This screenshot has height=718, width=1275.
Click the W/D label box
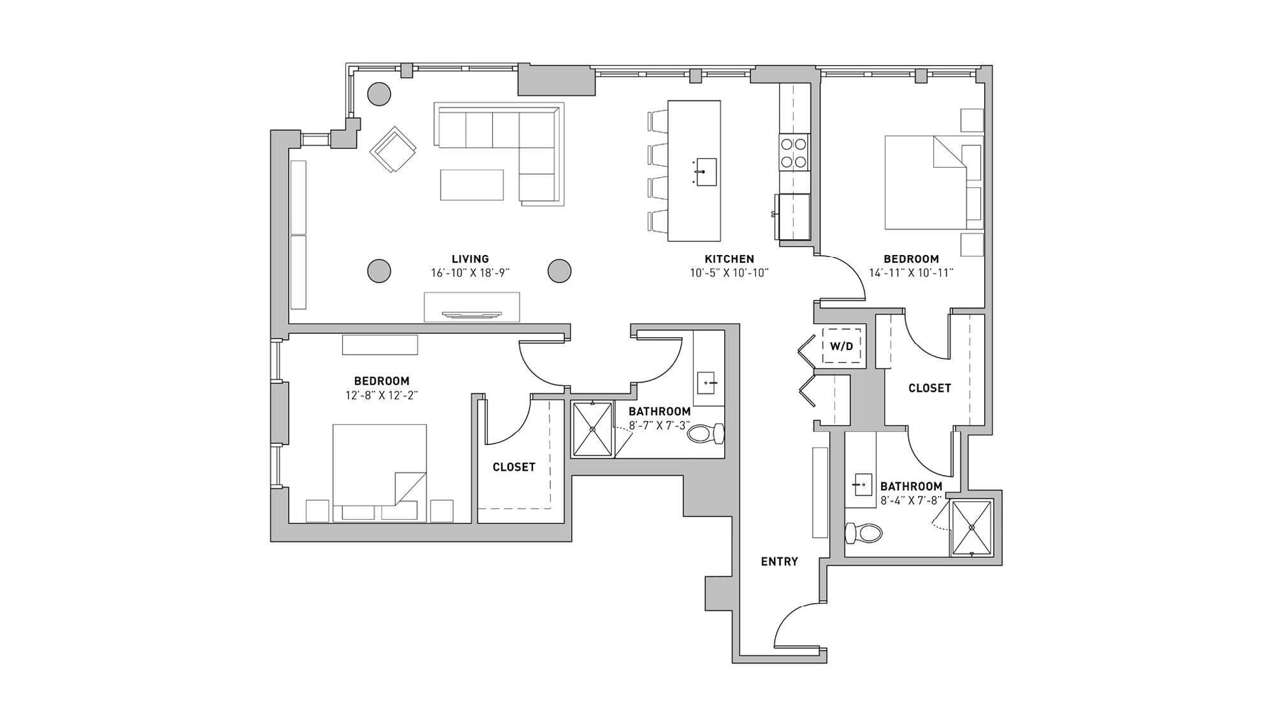tap(841, 346)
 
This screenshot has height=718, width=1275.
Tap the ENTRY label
tap(779, 562)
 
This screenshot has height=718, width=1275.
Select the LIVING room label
tap(470, 259)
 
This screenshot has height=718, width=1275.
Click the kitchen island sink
tap(706, 172)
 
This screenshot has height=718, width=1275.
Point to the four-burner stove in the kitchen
tap(794, 153)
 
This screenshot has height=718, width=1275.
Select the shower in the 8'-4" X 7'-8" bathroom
tap(971, 527)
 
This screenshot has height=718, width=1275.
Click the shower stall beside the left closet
tap(592, 429)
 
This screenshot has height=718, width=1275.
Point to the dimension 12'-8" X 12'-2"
tap(381, 396)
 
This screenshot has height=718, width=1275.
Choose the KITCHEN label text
tap(729, 259)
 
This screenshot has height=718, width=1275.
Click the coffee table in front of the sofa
tap(472, 185)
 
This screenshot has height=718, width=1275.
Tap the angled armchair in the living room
tap(393, 150)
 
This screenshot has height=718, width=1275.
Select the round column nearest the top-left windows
tap(380, 94)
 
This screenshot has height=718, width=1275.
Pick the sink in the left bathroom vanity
tap(707, 384)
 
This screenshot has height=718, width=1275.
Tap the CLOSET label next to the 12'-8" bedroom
tap(514, 467)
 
